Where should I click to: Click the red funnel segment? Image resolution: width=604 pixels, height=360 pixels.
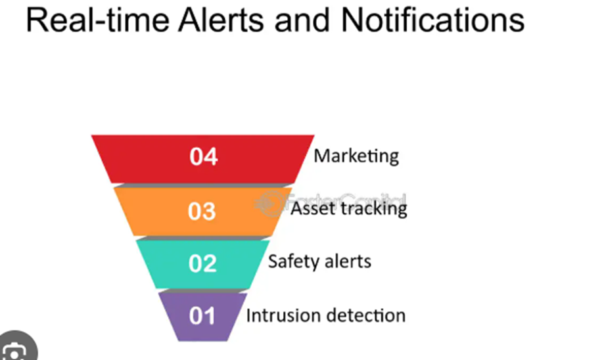(x=202, y=159)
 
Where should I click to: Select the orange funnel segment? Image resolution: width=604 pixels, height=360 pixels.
(x=202, y=212)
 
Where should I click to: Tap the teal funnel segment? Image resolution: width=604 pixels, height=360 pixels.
(x=202, y=264)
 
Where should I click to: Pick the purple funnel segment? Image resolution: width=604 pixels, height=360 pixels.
(x=202, y=317)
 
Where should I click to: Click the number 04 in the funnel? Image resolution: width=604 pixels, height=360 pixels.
(x=203, y=157)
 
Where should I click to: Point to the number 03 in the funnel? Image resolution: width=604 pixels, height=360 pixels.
(x=202, y=212)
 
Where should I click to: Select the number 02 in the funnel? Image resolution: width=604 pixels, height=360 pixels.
(x=202, y=263)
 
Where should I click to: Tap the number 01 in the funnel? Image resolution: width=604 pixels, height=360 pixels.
(x=202, y=316)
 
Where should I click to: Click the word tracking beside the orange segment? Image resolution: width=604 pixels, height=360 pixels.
(x=373, y=210)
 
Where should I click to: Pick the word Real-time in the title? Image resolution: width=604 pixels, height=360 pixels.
(x=98, y=20)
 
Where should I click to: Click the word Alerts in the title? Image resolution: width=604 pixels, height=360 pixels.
(x=221, y=20)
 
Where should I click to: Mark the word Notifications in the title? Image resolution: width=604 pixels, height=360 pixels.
(x=432, y=20)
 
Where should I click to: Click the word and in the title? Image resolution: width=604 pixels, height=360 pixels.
(x=302, y=20)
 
